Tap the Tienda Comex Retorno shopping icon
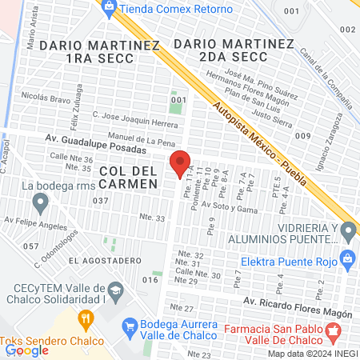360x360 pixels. [108, 6]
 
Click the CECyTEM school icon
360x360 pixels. [115, 289]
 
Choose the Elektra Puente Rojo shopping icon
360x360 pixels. [347, 258]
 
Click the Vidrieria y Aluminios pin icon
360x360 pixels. [347, 232]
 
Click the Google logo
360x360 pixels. [27, 350]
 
